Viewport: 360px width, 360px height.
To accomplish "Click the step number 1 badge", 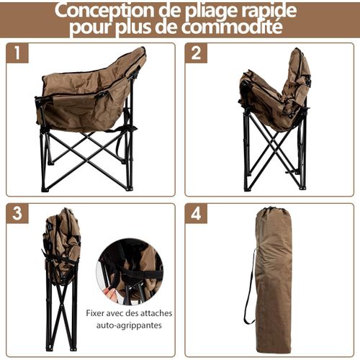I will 17,54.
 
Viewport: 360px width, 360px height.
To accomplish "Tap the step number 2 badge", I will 196,54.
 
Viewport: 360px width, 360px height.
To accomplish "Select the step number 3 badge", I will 17,214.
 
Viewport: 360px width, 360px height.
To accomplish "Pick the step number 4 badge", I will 196,214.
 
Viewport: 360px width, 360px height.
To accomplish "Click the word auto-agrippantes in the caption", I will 130,325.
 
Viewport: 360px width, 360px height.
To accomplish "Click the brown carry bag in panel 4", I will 274,281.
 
